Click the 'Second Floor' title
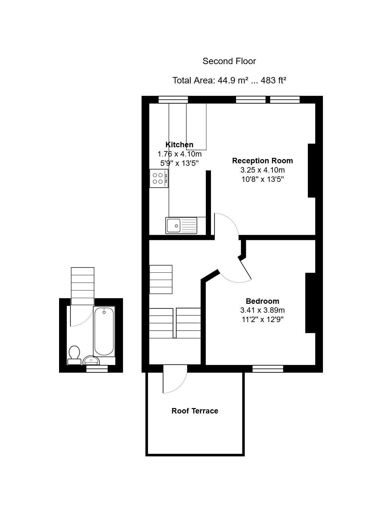click(229, 61)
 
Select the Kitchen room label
click(179, 145)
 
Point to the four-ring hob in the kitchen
click(159, 178)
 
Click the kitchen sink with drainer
click(181, 225)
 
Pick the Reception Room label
click(262, 161)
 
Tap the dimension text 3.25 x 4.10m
click(262, 170)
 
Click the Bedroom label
click(262, 301)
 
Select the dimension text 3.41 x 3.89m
click(262, 310)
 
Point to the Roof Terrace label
click(195, 411)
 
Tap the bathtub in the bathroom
click(104, 331)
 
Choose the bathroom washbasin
click(91, 360)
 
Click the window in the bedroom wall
click(268, 369)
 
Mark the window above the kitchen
click(173, 100)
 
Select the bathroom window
click(97, 369)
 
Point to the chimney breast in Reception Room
click(311, 171)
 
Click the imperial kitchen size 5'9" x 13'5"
click(179, 163)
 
